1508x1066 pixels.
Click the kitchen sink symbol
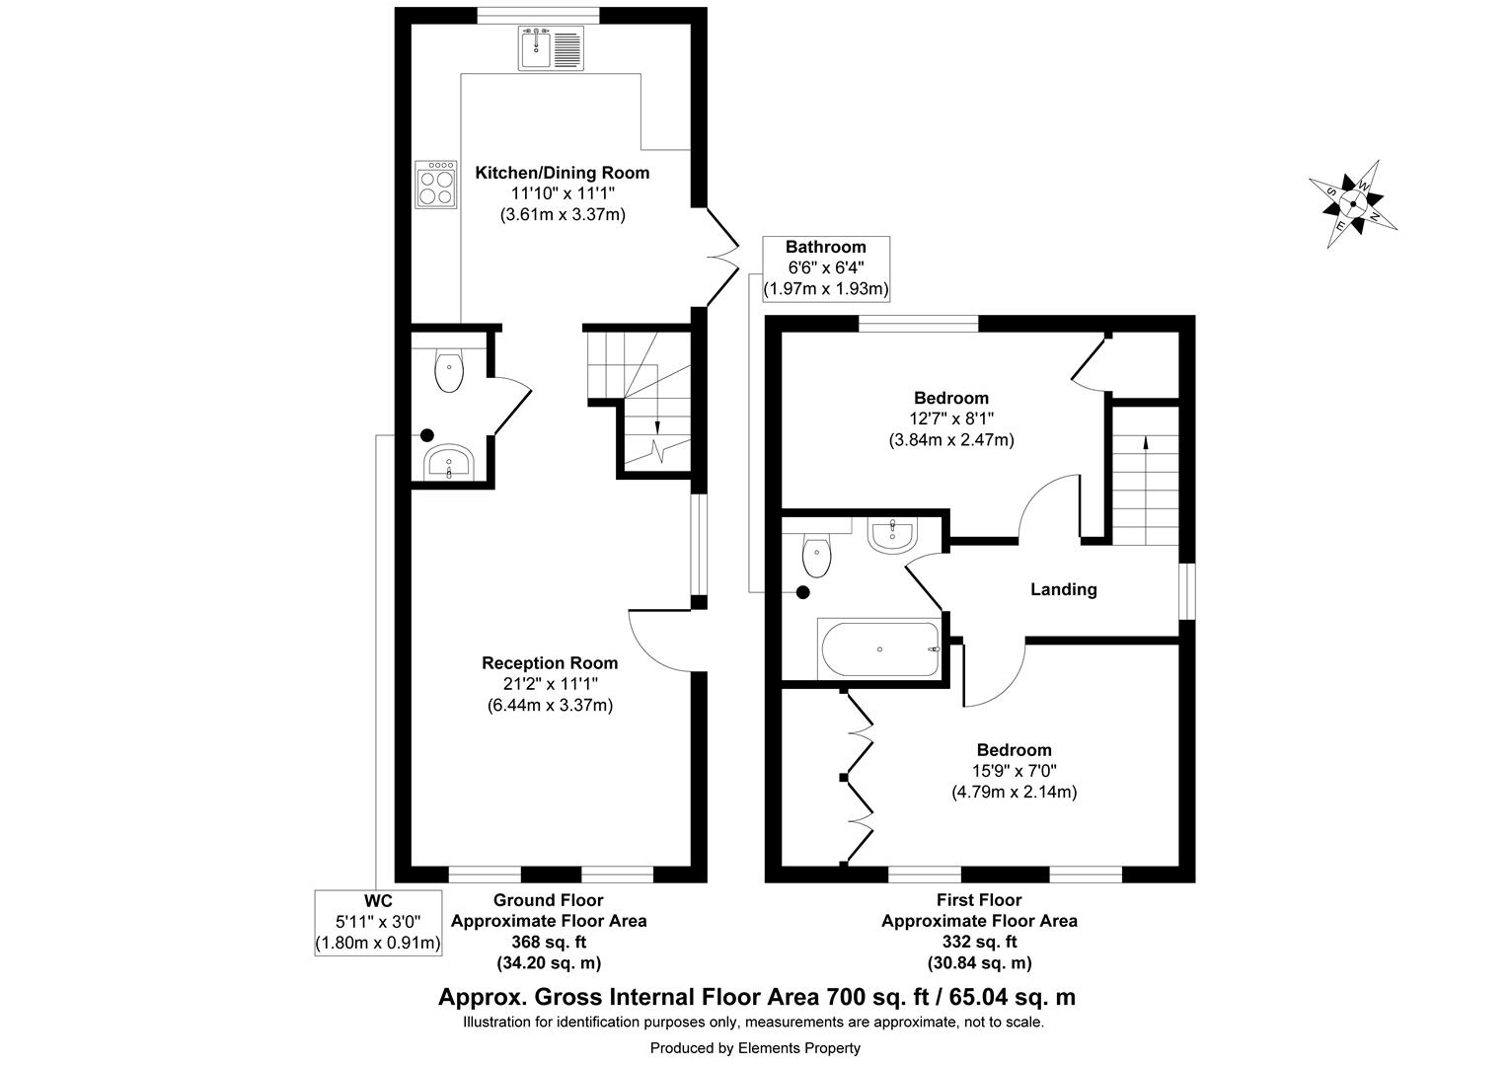(551, 48)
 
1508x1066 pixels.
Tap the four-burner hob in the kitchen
(435, 185)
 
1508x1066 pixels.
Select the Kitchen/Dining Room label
(563, 174)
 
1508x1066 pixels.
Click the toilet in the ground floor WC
(449, 372)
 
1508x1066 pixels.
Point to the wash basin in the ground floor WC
(450, 462)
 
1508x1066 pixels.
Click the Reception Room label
(550, 663)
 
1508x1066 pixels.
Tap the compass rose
(1352, 204)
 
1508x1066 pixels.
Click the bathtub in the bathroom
(879, 648)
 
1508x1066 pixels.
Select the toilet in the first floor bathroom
(816, 556)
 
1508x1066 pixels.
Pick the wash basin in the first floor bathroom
(893, 534)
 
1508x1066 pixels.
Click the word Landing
(1063, 590)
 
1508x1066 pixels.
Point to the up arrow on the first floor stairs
(1145, 444)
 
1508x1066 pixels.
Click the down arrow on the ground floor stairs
(656, 424)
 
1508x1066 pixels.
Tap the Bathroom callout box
(826, 268)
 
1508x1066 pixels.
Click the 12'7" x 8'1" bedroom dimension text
(950, 419)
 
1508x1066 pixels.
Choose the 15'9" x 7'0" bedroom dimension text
(1014, 771)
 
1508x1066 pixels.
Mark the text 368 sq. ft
(549, 942)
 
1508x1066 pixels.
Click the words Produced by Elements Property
(754, 1048)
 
